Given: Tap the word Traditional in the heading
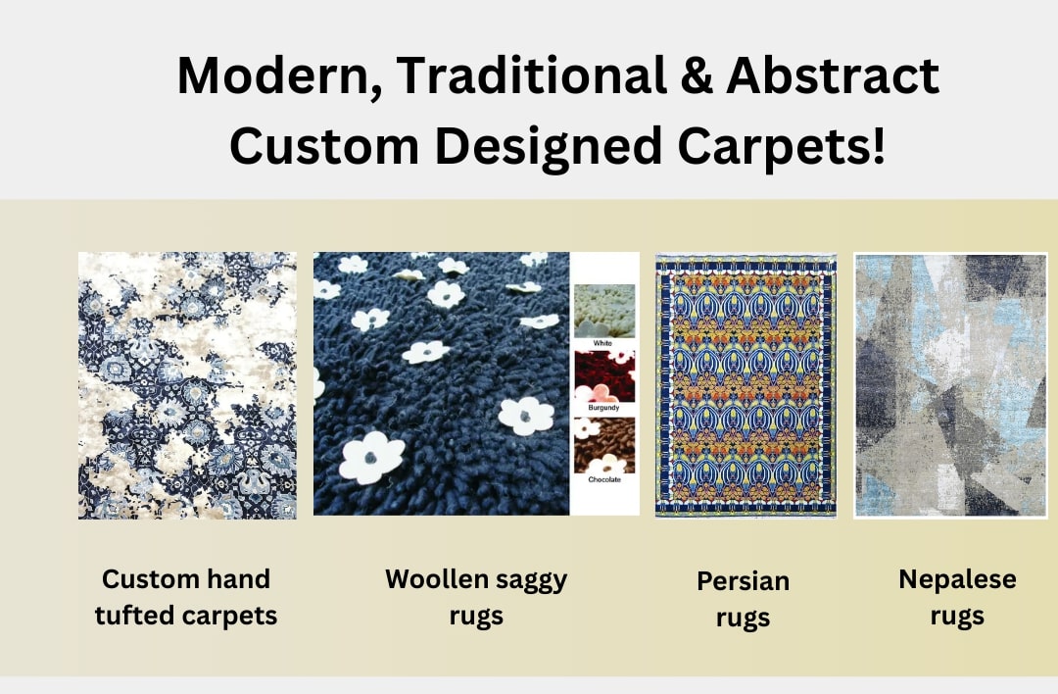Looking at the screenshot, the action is tap(532, 74).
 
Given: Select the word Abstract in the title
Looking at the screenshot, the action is tap(833, 74).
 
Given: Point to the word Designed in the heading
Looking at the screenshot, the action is tap(549, 147).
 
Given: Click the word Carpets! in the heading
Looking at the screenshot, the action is tap(781, 147).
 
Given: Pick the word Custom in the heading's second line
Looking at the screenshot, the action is tap(324, 146).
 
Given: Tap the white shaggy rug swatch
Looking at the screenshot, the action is tap(604, 311).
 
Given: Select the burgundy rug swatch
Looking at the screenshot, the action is tap(604, 376).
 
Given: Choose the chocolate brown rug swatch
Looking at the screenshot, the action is tap(604, 446).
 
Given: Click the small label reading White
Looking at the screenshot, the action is tap(602, 344).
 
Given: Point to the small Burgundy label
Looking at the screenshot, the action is tap(603, 408).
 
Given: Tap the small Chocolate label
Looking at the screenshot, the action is tap(603, 479).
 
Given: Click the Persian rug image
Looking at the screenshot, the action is tap(745, 385).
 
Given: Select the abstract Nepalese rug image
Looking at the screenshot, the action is tap(950, 385).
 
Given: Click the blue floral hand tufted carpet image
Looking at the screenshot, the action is tap(187, 385).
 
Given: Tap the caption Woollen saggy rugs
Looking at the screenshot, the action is tap(476, 598).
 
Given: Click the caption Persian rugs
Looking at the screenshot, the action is tap(743, 600).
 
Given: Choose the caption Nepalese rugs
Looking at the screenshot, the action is tap(957, 598).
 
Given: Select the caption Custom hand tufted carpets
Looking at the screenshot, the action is tap(186, 598).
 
